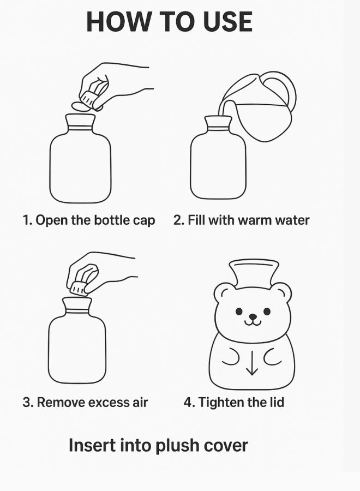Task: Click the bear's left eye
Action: pyautogui.click(x=239, y=312)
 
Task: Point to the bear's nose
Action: pyautogui.click(x=253, y=316)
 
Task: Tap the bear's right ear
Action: pyautogui.click(x=281, y=293)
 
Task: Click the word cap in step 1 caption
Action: pyautogui.click(x=144, y=220)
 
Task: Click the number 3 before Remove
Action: pyautogui.click(x=27, y=403)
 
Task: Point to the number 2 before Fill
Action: pyautogui.click(x=178, y=220)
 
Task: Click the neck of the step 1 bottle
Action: pyautogui.click(x=80, y=124)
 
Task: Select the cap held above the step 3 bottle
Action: pyautogui.click(x=78, y=288)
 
